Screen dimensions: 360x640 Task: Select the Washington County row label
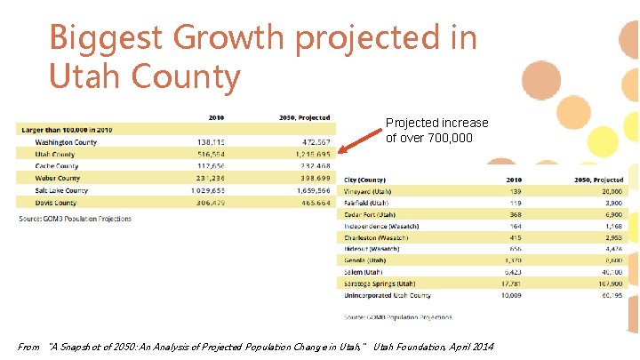point(66,142)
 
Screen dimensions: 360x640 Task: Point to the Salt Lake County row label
point(62,190)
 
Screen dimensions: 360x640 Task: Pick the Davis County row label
point(57,203)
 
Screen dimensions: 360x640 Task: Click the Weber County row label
point(58,179)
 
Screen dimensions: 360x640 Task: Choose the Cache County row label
point(57,166)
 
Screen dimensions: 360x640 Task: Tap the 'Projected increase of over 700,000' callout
point(436,130)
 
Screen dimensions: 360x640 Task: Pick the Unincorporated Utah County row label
point(388,295)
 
